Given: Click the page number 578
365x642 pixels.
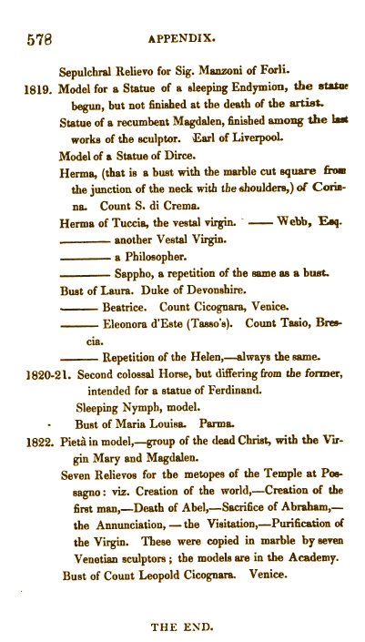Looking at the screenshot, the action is click(x=39, y=40).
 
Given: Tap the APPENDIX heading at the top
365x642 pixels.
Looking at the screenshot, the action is click(x=189, y=40).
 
